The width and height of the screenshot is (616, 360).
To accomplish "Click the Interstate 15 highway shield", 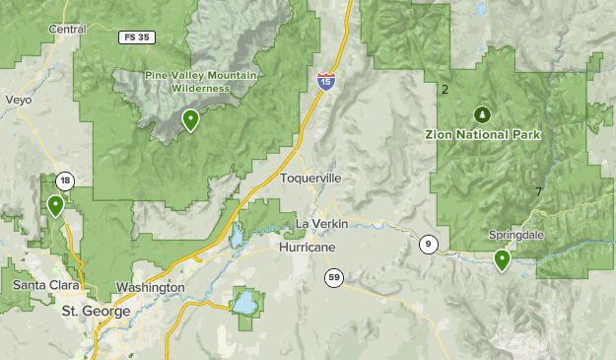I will point(326,82).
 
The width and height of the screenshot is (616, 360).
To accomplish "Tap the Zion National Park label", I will point(482,134).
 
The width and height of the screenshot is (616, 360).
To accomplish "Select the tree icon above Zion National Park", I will point(482,113).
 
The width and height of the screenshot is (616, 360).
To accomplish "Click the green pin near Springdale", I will point(502,260).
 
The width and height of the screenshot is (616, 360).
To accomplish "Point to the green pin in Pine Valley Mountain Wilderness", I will point(190,120).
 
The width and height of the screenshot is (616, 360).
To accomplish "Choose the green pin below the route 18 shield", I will point(55,205).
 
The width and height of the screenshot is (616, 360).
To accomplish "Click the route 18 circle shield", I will point(65,180).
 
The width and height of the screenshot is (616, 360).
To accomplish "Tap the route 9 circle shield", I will point(427,244).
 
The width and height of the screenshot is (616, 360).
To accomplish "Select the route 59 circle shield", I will point(334,279).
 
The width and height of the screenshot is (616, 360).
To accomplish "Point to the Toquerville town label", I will point(310,179).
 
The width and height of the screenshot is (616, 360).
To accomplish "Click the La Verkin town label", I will point(322,225).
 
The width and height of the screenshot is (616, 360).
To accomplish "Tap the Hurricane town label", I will point(305,247).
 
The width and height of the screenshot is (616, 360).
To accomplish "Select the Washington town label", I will point(150,287).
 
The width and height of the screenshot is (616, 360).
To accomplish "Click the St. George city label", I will point(96,311).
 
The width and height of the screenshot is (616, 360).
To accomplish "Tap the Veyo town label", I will point(19,101).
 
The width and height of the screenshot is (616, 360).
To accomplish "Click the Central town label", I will point(68,30).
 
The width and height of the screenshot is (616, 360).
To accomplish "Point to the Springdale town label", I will point(516,236).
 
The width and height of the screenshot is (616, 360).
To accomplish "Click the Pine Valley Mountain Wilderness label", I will point(187,81).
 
